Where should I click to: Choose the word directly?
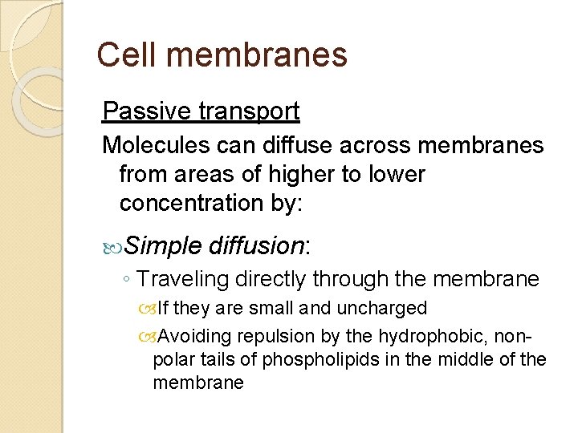click(x=270, y=279)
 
